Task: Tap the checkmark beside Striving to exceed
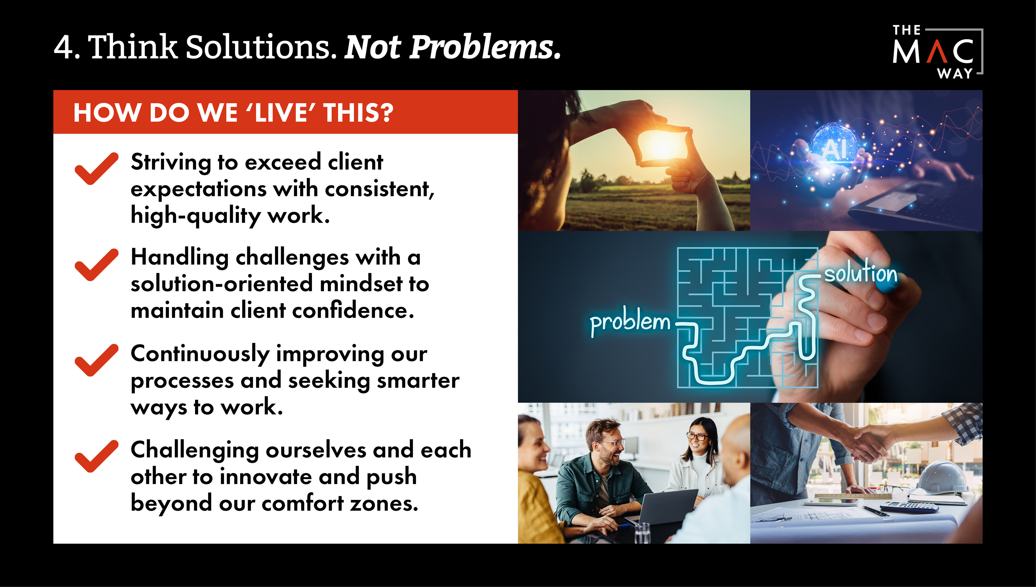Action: pyautogui.click(x=96, y=169)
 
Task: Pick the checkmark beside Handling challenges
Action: pyautogui.click(x=96, y=265)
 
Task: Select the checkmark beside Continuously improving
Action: pyautogui.click(x=96, y=360)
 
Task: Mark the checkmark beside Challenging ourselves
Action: pyautogui.click(x=96, y=456)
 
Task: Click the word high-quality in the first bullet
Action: pyautogui.click(x=196, y=216)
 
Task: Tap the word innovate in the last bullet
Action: pyautogui.click(x=266, y=476)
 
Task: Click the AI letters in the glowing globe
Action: pyautogui.click(x=834, y=149)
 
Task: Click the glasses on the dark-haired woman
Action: pyautogui.click(x=697, y=437)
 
